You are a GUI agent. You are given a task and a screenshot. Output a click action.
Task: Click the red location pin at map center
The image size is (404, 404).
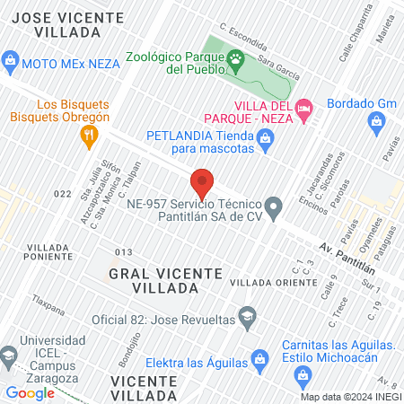coord(202,183)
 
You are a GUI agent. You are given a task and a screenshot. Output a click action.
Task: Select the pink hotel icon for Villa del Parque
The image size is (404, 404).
coord(306,107)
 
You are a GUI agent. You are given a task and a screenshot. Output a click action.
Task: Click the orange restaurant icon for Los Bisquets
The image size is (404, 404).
coord(88,136)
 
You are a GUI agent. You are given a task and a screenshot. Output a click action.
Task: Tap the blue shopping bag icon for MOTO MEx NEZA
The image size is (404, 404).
coord(11,62)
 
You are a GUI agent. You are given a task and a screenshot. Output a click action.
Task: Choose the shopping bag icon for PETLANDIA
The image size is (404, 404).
coord(265,137)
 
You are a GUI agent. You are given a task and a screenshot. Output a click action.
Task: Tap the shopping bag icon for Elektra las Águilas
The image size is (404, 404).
coord(260,363)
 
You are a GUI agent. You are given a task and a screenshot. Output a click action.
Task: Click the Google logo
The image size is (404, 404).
coord(30,392)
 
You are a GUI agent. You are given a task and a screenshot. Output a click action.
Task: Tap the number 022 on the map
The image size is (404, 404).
coord(62,193)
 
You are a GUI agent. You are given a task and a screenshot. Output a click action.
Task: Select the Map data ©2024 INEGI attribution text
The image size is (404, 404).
coord(349,397)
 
